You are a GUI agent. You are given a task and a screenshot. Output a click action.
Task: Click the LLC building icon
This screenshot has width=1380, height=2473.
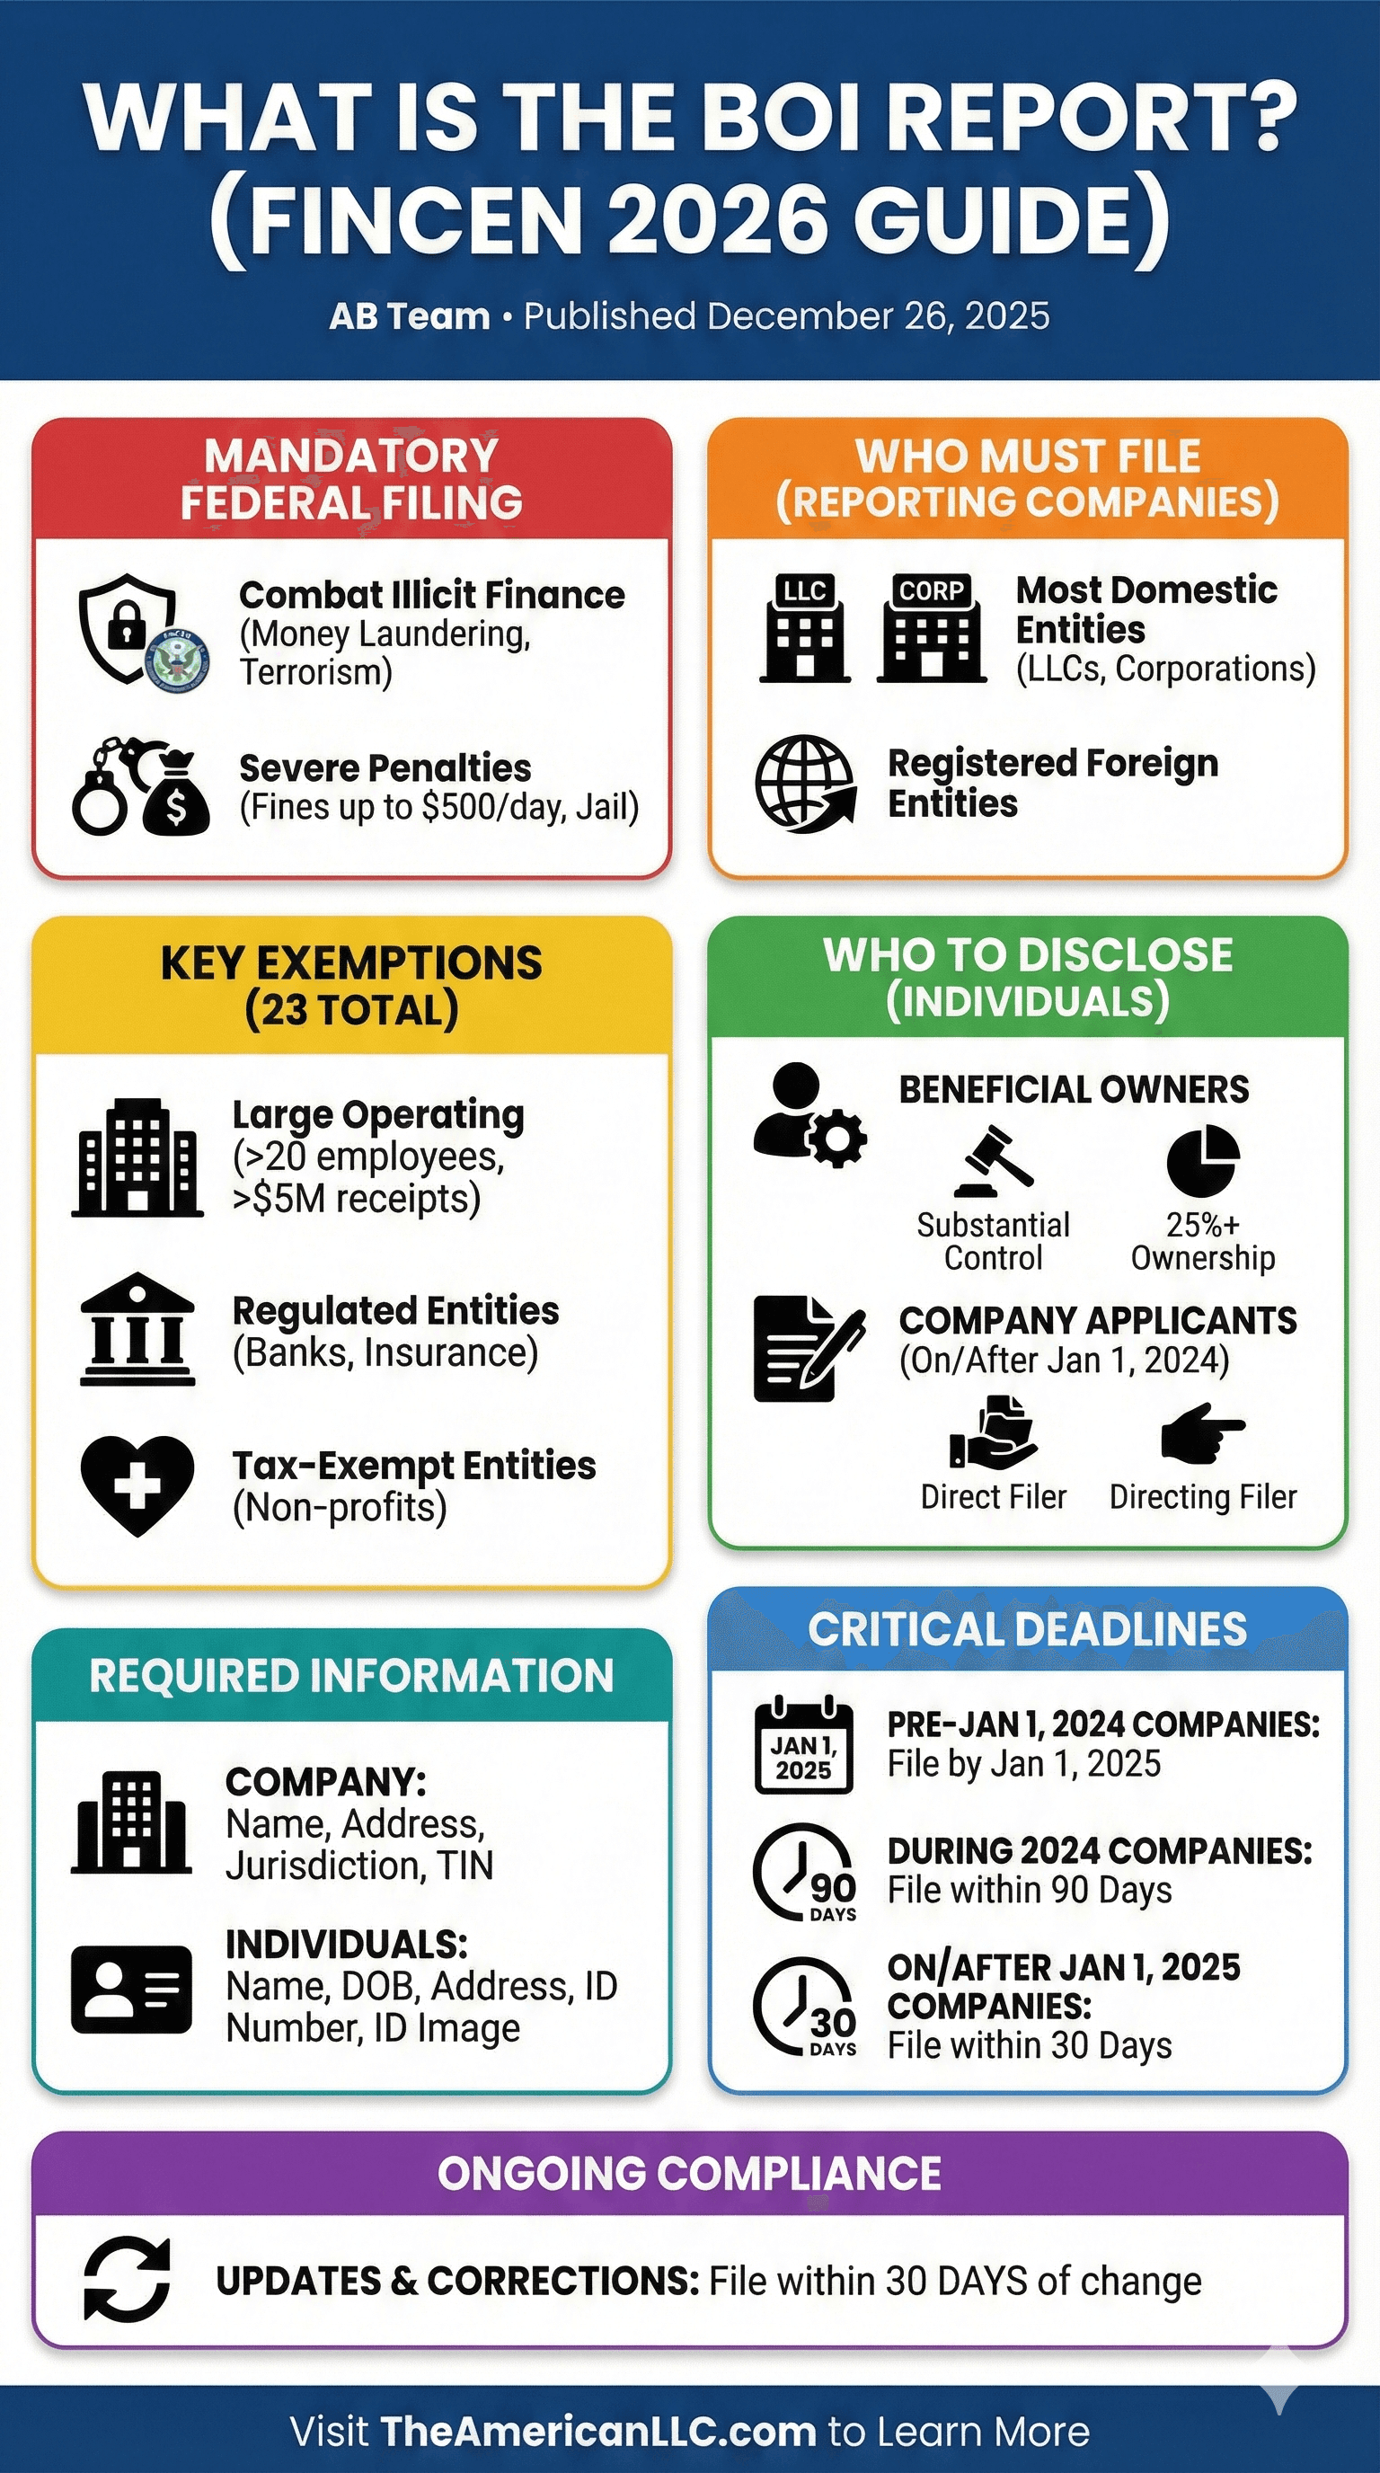(804, 629)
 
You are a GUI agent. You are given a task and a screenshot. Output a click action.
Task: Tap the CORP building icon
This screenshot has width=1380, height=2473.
(931, 629)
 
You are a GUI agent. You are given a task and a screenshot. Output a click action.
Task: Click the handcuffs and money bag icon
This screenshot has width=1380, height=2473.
(141, 786)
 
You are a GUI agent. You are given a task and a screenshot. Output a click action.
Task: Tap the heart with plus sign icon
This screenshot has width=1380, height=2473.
(137, 1485)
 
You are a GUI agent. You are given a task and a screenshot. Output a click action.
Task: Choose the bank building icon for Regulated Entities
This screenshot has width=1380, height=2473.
(137, 1330)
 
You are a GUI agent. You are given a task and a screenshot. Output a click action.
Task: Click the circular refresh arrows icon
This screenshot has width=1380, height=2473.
(127, 2279)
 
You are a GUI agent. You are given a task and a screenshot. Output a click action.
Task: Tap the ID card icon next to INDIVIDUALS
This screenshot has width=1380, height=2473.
(131, 1988)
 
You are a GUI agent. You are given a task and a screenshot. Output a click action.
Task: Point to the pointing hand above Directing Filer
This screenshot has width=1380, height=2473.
(1201, 1433)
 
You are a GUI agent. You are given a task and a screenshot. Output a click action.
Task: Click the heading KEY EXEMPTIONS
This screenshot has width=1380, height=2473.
(351, 963)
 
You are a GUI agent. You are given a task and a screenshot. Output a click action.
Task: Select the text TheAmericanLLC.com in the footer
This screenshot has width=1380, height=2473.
(597, 2431)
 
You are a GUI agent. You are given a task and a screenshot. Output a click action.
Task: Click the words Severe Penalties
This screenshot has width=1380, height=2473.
(385, 768)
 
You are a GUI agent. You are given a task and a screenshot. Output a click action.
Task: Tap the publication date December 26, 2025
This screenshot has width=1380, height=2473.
(878, 315)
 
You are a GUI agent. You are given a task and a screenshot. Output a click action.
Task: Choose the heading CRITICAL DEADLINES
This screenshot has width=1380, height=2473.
(1027, 1629)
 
